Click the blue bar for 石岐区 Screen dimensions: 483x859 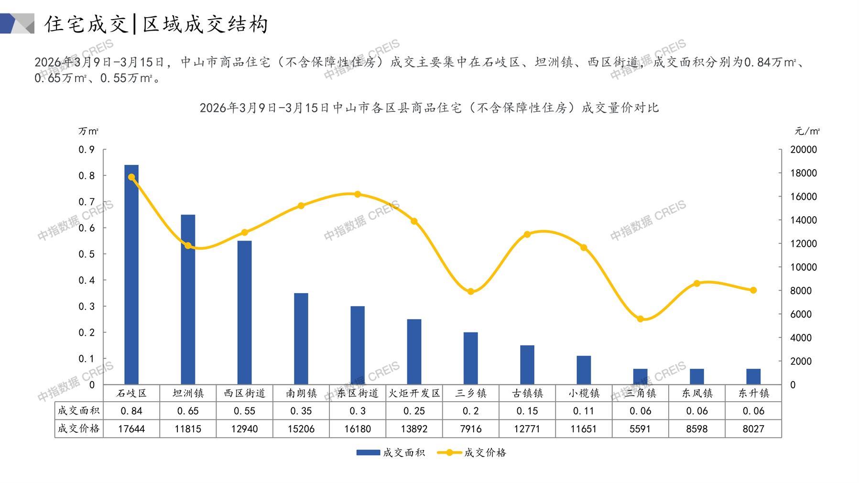tap(131, 275)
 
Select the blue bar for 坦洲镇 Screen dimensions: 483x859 tap(188, 300)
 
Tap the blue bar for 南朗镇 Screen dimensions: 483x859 tap(301, 339)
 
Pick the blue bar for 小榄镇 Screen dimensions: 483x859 tap(584, 370)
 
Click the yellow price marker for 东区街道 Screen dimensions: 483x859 tap(358, 194)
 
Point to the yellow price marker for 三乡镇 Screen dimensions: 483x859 tap(471, 292)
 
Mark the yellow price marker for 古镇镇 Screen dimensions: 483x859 tap(527, 234)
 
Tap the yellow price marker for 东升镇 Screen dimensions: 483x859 tap(753, 290)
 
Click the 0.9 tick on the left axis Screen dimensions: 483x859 tap(87, 150)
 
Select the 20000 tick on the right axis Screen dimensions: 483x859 tap(804, 150)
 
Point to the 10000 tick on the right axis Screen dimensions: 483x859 tap(804, 267)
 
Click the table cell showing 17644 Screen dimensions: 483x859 tap(131, 429)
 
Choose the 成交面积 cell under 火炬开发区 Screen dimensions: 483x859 tap(414, 411)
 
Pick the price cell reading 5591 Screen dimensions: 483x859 tap(640, 429)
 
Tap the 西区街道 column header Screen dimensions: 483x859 tap(244, 393)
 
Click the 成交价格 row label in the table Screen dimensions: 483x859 tap(79, 428)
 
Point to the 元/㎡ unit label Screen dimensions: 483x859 tap(807, 131)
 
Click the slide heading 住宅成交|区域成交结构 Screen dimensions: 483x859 tap(156, 24)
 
